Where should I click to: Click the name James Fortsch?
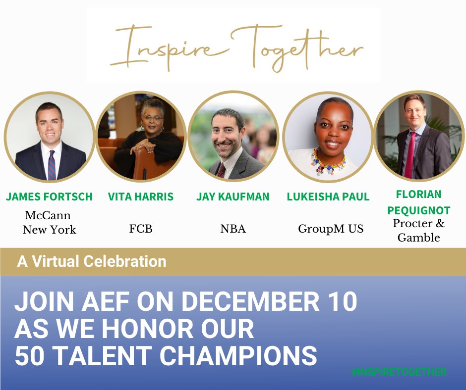49,196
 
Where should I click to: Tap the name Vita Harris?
141,196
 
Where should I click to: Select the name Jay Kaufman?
233,196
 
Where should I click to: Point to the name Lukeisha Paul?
328,196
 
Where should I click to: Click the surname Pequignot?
419,210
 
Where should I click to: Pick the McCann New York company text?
49,223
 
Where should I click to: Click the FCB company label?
140,229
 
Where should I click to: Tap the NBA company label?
233,229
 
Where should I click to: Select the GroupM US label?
331,229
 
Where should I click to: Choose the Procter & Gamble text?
419,230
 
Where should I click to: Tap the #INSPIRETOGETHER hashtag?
399,372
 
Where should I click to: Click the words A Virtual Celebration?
92,261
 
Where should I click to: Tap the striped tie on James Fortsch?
51,165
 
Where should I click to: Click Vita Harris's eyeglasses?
153,118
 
